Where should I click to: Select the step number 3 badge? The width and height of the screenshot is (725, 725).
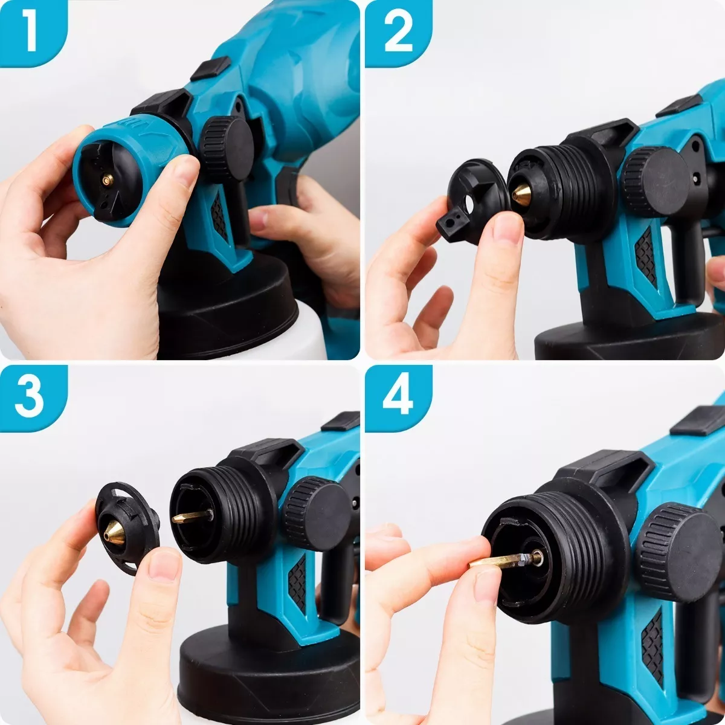pyautogui.click(x=30, y=396)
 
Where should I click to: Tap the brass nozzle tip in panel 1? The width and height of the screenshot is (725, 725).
pyautogui.click(x=108, y=179)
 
